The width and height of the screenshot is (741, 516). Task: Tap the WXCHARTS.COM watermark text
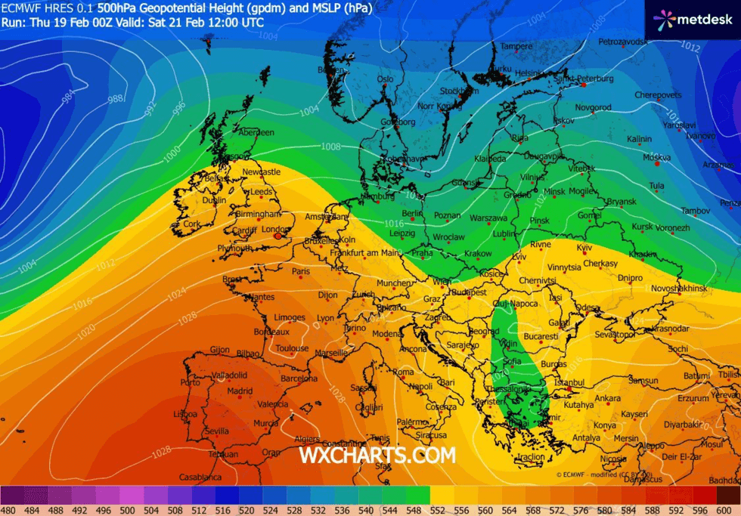click(377, 456)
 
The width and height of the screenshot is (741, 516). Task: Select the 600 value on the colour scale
click(728, 510)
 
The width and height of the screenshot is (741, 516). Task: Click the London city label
click(274, 229)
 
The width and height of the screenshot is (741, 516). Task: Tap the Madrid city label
click(240, 391)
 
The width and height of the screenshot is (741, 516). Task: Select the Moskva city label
click(656, 158)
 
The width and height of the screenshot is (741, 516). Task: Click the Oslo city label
click(386, 79)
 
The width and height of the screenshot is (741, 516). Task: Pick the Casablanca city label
click(200, 477)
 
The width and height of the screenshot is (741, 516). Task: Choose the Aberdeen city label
click(256, 132)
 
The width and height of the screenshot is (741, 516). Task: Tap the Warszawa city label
click(488, 218)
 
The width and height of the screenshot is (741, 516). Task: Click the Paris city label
click(301, 271)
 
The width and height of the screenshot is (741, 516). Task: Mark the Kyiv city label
click(584, 248)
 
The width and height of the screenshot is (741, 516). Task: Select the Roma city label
click(403, 372)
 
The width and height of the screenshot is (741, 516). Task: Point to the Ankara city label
click(607, 398)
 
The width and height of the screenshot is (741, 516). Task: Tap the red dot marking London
click(278, 236)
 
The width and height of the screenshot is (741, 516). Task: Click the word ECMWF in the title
click(17, 9)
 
